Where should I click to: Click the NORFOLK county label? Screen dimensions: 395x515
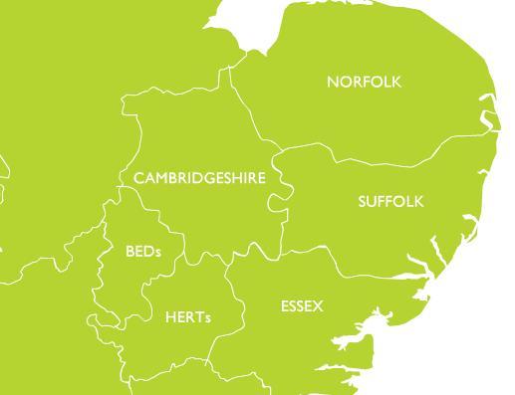pos(364,82)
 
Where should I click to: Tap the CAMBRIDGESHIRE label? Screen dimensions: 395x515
pos(199,178)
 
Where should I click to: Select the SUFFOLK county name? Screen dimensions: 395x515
pos(390,202)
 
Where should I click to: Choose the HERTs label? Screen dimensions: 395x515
pos(188,317)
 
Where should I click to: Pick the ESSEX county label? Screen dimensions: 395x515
pos(302,306)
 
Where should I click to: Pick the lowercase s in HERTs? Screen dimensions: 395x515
pos(208,318)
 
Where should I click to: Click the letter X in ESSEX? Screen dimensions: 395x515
pos(318,306)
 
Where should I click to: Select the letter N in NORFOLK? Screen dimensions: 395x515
pos(333,82)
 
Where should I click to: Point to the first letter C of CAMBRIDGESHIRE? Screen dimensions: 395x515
pos(138,178)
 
